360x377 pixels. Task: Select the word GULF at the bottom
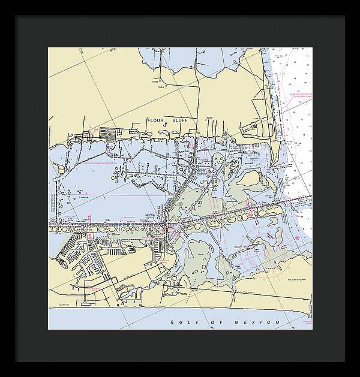(x=180, y=323)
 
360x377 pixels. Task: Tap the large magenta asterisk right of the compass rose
(x=298, y=239)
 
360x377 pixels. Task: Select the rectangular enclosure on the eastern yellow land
(x=250, y=127)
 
